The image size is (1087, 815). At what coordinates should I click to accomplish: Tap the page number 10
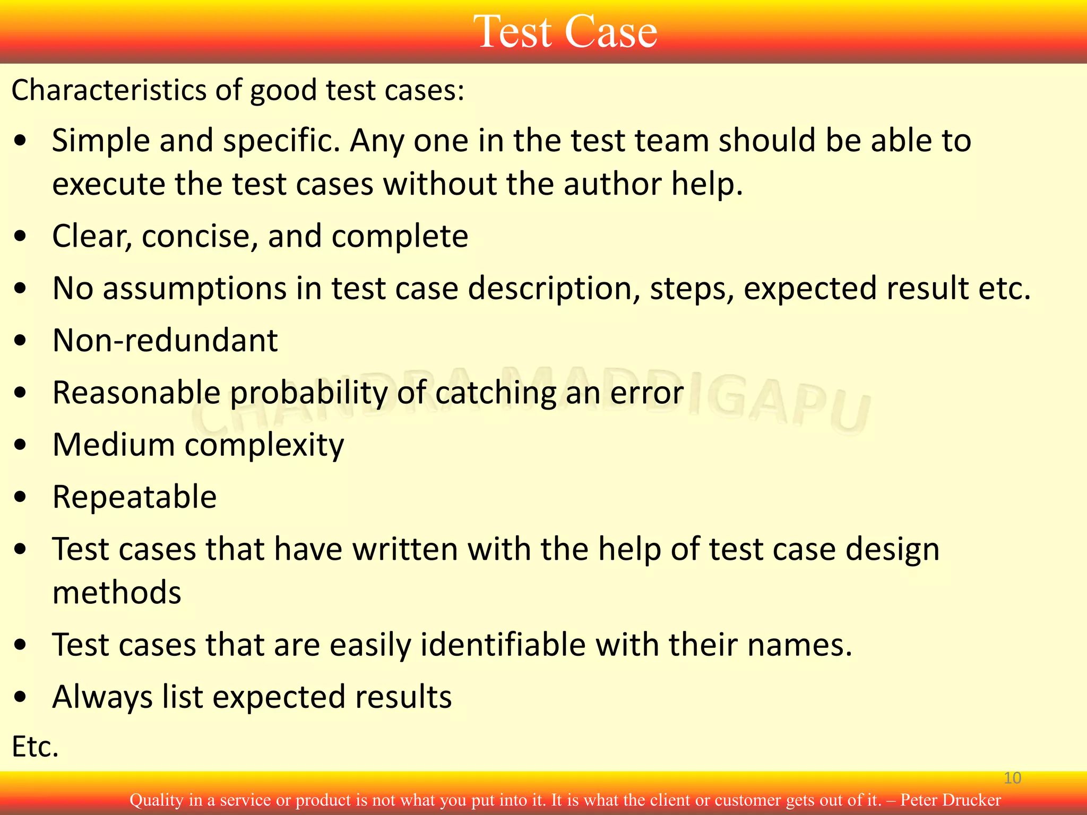click(1012, 778)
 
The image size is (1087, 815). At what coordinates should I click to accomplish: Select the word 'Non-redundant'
click(165, 340)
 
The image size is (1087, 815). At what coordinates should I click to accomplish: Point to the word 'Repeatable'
click(135, 497)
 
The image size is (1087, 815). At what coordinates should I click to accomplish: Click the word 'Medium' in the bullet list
click(113, 445)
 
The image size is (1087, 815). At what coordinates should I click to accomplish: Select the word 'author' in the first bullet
click(612, 184)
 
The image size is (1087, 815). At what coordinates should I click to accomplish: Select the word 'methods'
click(117, 593)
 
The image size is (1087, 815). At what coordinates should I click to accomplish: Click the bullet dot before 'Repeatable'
click(21, 498)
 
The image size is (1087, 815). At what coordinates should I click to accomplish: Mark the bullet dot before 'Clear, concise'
click(21, 237)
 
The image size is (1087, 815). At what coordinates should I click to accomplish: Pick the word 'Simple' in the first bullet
click(101, 141)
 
